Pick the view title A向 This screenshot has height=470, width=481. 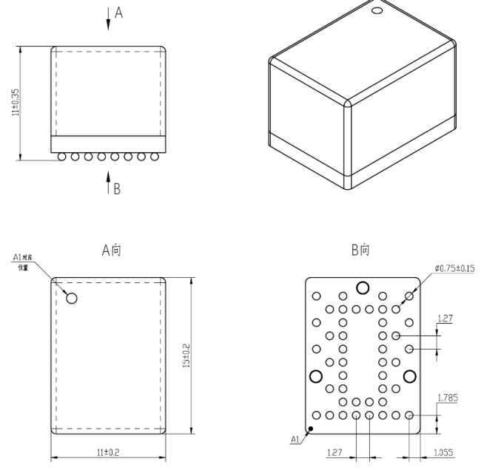pos(112,251)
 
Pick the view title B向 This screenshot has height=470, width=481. pos(361,251)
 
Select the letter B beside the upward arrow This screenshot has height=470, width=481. pos(117,189)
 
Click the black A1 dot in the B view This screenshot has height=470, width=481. pos(312,428)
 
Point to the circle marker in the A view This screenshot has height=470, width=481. pos(72,298)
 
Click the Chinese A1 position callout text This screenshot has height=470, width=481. pos(21,261)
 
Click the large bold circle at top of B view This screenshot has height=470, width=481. pos(363,287)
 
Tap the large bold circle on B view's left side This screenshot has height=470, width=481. pos(316,376)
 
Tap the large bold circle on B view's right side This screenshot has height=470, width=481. pos(409,376)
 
